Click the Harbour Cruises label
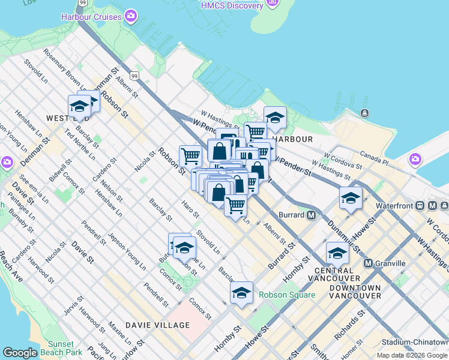(91, 16)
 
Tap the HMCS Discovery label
(232, 5)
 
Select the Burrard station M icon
(312, 215)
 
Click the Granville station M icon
(368, 263)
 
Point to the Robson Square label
(287, 295)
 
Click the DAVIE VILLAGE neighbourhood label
(157, 325)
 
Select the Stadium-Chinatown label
(414, 343)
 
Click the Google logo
(20, 353)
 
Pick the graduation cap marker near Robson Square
(241, 292)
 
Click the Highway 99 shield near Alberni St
(135, 76)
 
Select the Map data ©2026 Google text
(412, 355)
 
